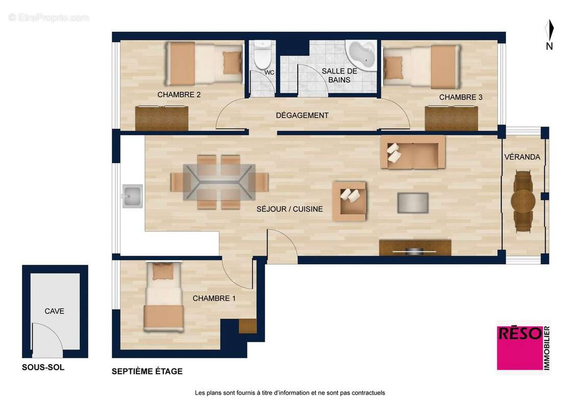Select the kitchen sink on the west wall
pos(132,196)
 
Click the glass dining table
pos(220,182)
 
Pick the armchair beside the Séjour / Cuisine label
pos(349,201)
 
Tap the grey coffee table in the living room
pos(413,202)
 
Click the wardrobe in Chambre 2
pos(161,118)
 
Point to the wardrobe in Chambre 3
pos(451,118)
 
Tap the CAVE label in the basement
pos(55,311)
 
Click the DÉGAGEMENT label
pos(302,115)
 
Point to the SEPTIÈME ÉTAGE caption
pos(147,371)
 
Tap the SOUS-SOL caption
pos(43,367)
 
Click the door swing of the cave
pos(46,339)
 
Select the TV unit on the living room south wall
pos(415,248)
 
